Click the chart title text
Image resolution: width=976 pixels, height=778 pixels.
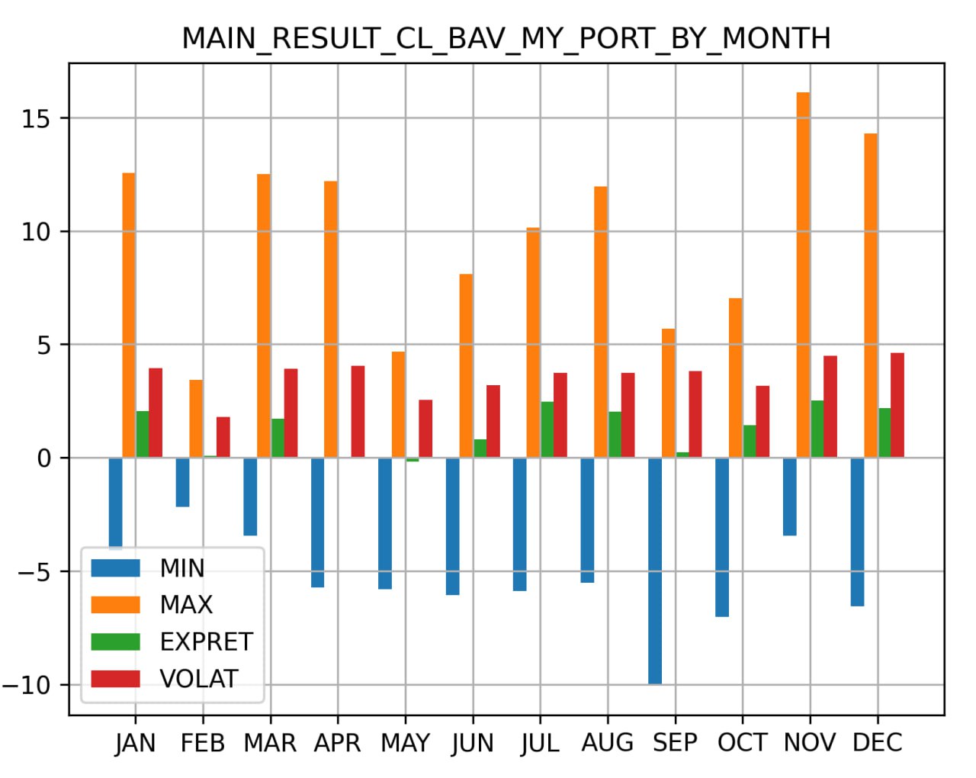point(506,38)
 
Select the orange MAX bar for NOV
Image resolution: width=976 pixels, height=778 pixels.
point(803,275)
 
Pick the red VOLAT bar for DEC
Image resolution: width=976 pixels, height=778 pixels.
point(897,405)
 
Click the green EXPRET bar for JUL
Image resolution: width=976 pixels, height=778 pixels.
point(547,429)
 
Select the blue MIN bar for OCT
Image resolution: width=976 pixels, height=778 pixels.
point(722,537)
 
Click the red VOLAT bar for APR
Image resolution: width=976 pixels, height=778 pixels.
point(358,412)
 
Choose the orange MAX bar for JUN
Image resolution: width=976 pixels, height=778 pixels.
point(466,366)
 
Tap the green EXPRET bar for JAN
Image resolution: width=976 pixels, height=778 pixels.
point(143,434)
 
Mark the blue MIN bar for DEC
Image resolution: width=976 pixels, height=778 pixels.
point(857,532)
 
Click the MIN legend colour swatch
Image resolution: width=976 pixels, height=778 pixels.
point(115,568)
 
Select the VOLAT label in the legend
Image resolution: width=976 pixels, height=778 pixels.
point(199,679)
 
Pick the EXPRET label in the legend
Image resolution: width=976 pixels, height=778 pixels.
point(206,642)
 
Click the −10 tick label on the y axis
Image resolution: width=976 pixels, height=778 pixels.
point(27,685)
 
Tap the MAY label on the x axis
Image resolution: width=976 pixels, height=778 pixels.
point(405,743)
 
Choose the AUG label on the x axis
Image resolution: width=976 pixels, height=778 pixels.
point(607,743)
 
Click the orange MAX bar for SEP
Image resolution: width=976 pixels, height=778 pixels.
point(668,393)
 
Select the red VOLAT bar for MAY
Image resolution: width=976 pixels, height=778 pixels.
point(425,429)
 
